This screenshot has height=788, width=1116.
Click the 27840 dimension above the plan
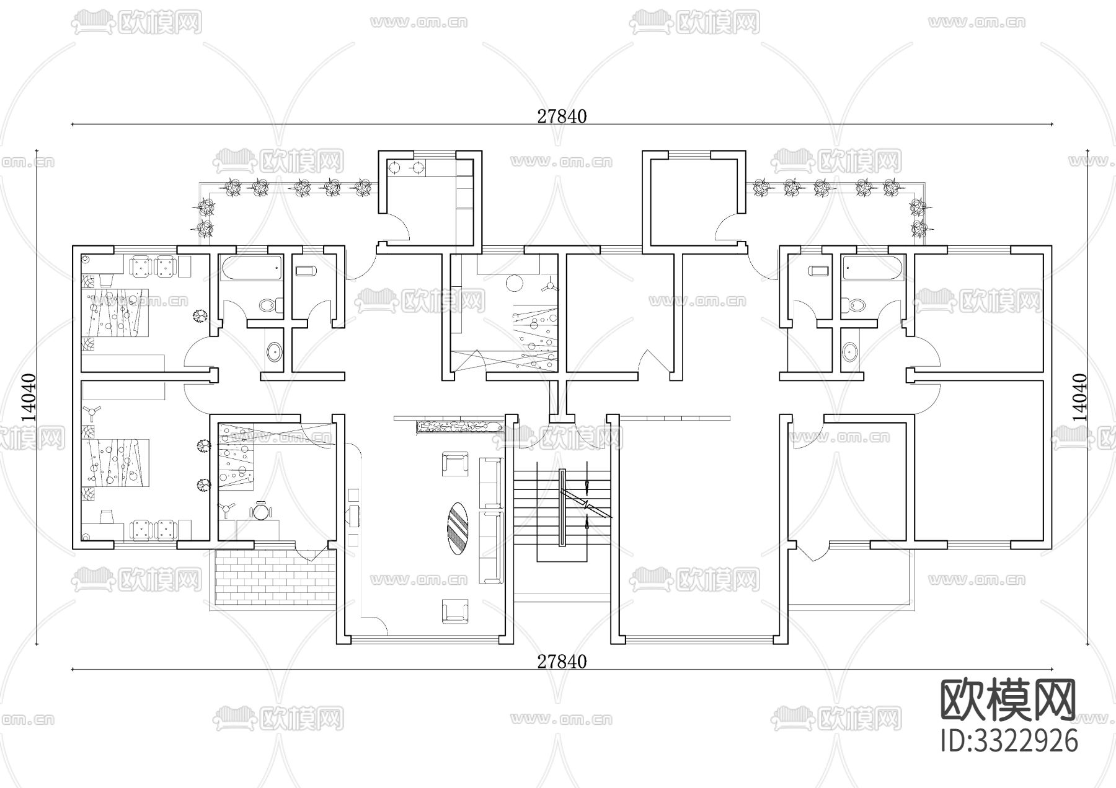point(562,116)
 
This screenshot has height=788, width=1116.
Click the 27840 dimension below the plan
point(562,662)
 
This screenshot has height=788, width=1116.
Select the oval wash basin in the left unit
point(273,352)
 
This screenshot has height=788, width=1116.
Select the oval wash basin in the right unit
point(849,352)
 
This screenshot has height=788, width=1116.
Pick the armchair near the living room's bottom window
point(454,610)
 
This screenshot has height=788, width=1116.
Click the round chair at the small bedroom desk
point(261,512)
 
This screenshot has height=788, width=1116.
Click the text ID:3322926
point(1009,741)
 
